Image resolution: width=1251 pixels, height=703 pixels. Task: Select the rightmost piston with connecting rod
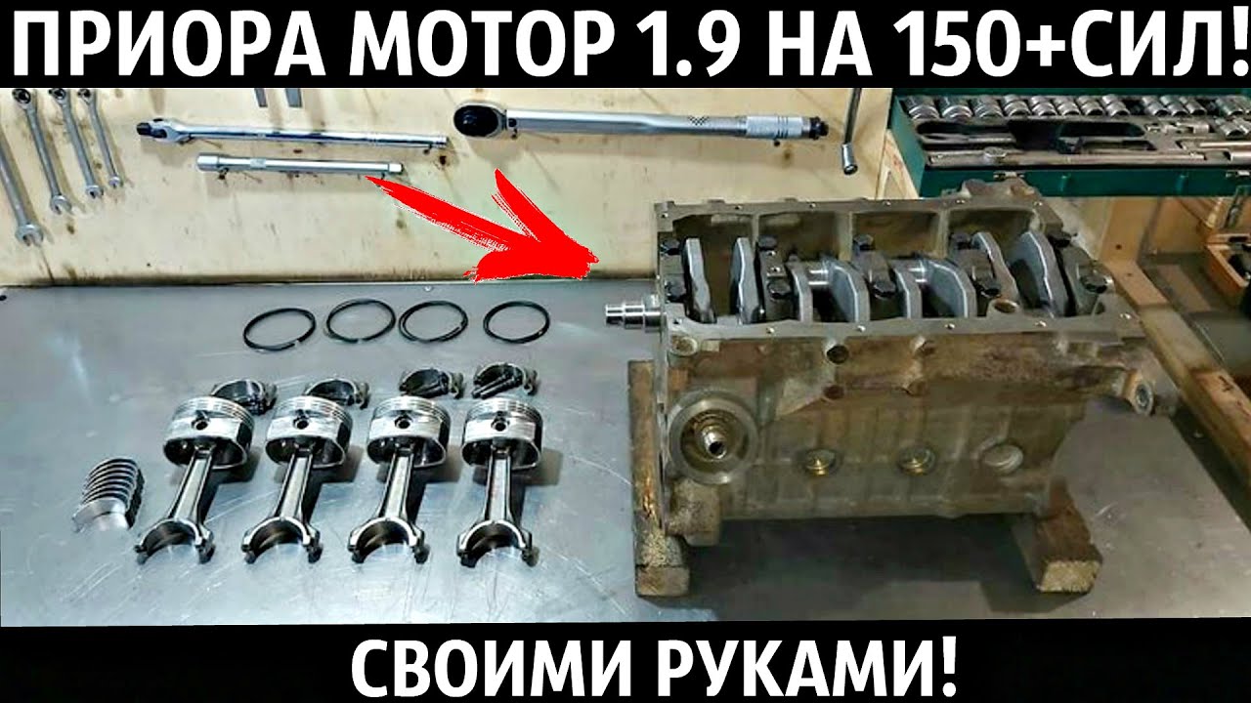500,430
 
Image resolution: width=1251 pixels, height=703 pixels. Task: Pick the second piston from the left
308,430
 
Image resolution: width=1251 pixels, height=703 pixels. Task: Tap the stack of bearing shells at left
108,493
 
